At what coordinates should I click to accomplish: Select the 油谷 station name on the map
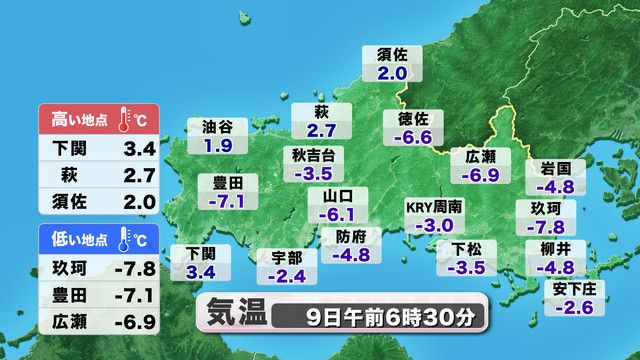(x=217, y=127)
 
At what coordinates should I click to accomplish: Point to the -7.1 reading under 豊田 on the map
(x=227, y=201)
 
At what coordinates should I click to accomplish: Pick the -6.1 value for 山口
(x=336, y=214)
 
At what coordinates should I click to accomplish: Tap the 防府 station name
(x=351, y=236)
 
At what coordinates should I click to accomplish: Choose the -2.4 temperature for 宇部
(x=287, y=275)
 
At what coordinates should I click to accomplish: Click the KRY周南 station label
(x=434, y=207)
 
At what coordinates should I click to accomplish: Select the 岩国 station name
(x=554, y=167)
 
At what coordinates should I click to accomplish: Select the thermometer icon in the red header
(x=125, y=119)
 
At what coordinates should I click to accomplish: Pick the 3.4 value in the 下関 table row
(x=134, y=150)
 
